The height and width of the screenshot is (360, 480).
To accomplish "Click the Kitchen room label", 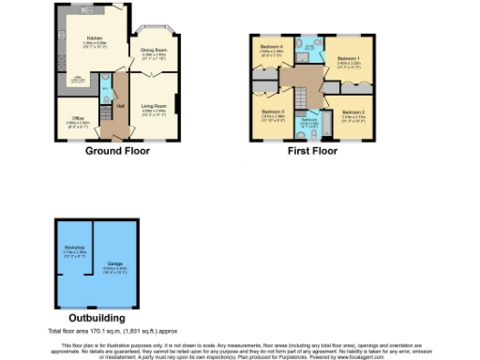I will pos(94,39).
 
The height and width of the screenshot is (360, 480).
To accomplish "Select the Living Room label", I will pos(153,109).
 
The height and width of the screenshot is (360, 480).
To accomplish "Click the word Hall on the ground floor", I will pos(120,105).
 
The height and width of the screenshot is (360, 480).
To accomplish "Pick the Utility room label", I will pos(81,79).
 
